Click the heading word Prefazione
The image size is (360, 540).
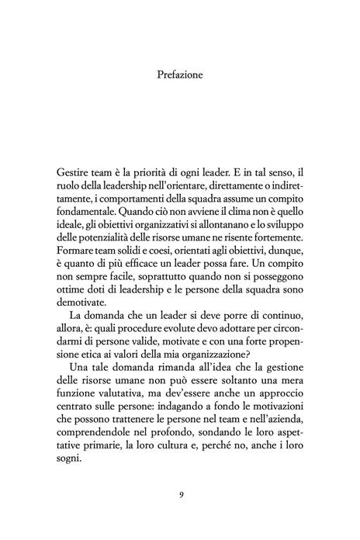tap(180, 77)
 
